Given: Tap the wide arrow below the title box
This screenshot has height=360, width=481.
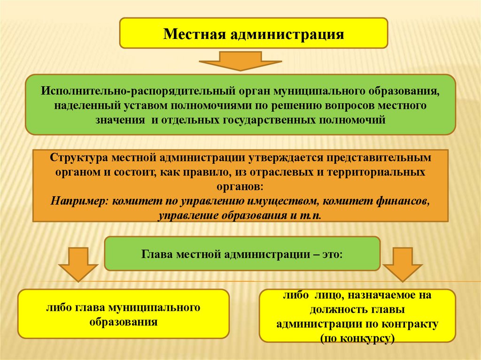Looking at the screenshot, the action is tap(240, 61).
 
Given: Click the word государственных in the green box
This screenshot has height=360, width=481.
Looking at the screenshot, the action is tap(261, 120).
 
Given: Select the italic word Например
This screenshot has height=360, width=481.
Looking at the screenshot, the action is tap(79, 201).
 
